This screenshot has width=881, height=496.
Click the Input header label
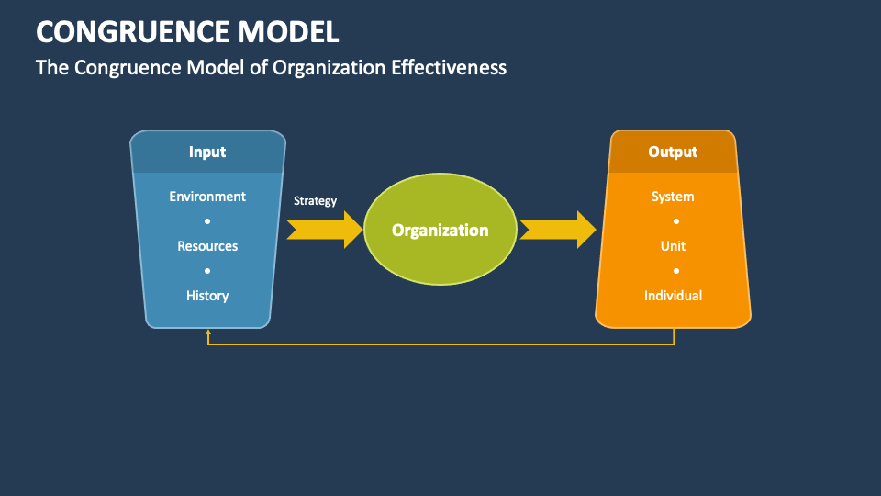click(x=207, y=152)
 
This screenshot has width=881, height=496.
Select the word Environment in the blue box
click(x=207, y=197)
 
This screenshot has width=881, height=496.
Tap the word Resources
click(x=207, y=246)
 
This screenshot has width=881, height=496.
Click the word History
click(x=207, y=296)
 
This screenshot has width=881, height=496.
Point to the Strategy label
click(x=315, y=200)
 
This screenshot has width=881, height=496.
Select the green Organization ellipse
click(x=440, y=230)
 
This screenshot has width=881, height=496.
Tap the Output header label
click(x=673, y=152)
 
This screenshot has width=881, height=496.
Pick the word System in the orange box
click(x=673, y=197)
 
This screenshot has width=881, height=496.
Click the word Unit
click(x=673, y=246)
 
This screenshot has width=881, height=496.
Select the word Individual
click(x=673, y=296)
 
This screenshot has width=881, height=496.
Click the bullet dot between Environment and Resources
click(x=207, y=221)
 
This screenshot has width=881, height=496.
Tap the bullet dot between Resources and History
click(x=207, y=271)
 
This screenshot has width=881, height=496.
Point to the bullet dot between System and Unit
click(x=676, y=221)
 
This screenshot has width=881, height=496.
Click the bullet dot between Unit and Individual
click(x=676, y=271)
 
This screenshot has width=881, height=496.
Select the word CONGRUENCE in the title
click(x=125, y=32)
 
